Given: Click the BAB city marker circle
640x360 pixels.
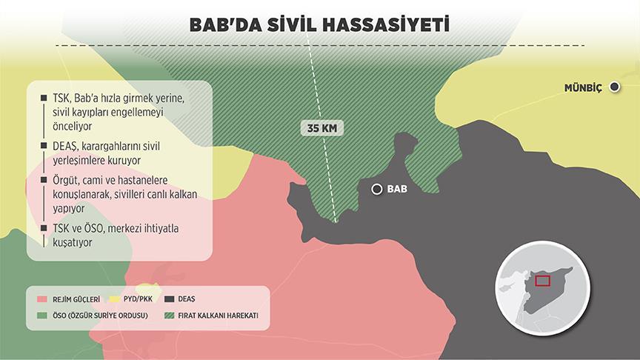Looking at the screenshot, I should tap(377, 189).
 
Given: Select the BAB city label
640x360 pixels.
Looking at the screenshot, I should tap(397, 189).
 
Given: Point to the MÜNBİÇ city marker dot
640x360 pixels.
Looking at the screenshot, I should tap(614, 88).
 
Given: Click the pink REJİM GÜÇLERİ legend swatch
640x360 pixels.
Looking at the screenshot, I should tap(41, 300).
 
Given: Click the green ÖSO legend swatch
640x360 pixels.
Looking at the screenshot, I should tap(41, 317).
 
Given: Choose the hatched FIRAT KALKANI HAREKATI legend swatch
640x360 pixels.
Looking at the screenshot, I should tap(169, 317).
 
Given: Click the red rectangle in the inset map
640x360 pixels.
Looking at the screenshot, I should tap(542, 280).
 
